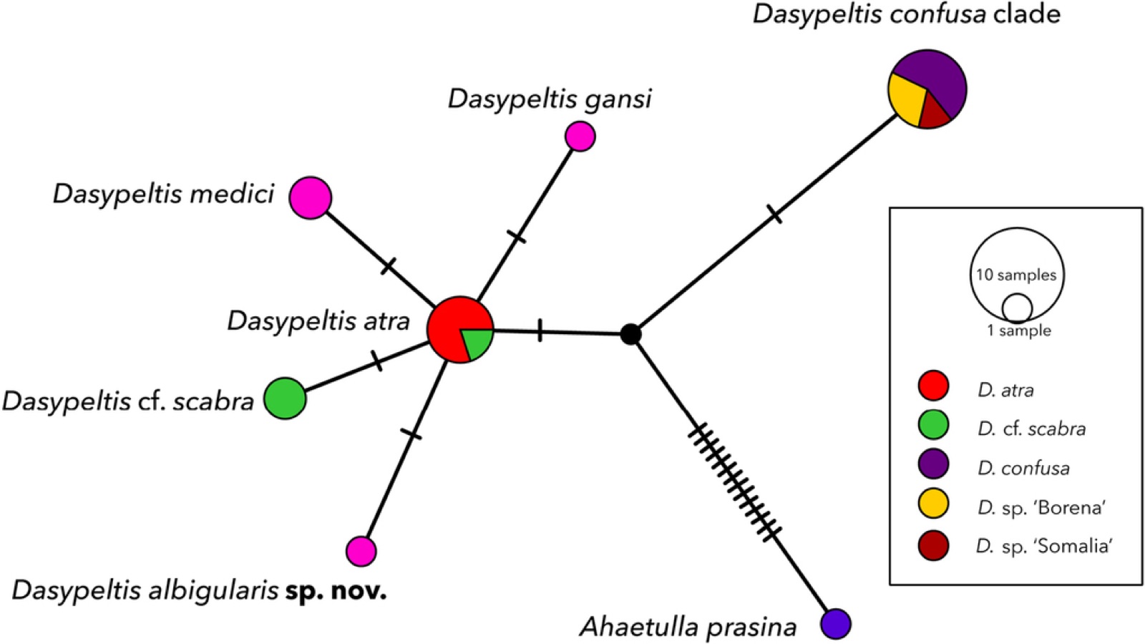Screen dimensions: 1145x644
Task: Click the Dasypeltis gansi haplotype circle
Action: pyautogui.click(x=580, y=137)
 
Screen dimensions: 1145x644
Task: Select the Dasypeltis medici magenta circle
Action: pyautogui.click(x=311, y=197)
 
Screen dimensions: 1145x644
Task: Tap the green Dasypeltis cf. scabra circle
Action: pyautogui.click(x=286, y=398)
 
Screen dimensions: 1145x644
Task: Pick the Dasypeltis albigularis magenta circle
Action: pyautogui.click(x=361, y=552)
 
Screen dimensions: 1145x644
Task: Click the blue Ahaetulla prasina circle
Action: pyautogui.click(x=836, y=624)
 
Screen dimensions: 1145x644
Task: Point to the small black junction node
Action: pyautogui.click(x=630, y=334)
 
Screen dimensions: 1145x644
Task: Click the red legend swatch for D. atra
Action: pyautogui.click(x=933, y=386)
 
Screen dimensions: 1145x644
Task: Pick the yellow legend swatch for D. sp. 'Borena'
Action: pyautogui.click(x=933, y=504)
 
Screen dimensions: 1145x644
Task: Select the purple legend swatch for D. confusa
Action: pyautogui.click(x=933, y=464)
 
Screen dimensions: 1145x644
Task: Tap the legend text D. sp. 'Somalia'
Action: pyautogui.click(x=1044, y=546)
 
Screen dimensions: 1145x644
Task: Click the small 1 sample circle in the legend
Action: pyautogui.click(x=1017, y=309)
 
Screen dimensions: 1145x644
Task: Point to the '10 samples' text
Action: pyautogui.click(x=1016, y=275)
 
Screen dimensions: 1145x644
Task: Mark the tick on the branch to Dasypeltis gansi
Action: pyautogui.click(x=516, y=237)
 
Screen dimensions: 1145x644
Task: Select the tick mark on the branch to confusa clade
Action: pyautogui.click(x=774, y=214)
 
